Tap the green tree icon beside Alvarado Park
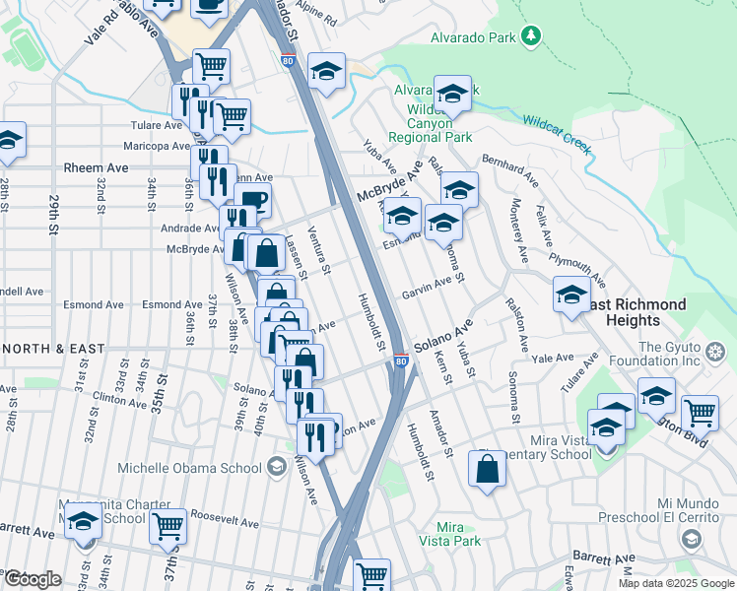coord(531,36)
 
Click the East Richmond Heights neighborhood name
coord(631,312)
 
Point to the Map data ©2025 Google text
coord(676,583)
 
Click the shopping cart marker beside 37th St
coord(167,527)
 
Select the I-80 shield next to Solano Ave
coord(401,361)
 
